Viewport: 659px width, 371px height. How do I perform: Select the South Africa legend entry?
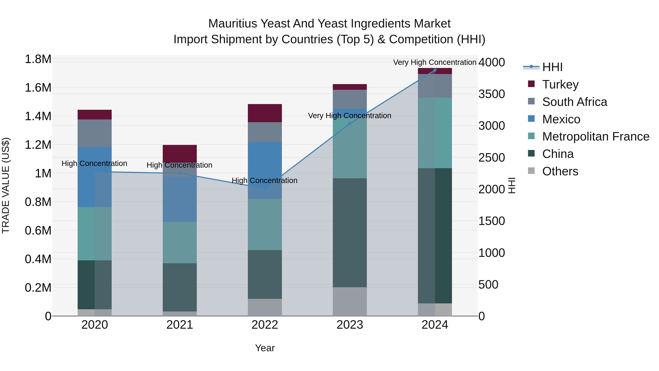(574, 102)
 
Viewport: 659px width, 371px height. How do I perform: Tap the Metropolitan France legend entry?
(595, 136)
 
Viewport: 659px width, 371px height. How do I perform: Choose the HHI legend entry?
(552, 67)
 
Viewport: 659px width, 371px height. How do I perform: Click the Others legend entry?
(560, 171)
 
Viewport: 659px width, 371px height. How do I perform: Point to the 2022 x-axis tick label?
(265, 325)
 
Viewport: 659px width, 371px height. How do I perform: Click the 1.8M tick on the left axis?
(38, 59)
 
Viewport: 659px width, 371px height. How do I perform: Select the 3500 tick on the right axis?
(492, 94)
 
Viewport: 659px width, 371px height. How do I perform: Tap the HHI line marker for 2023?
(350, 123)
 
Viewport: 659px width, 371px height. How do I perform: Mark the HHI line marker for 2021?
(180, 173)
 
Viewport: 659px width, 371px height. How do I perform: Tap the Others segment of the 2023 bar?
(350, 301)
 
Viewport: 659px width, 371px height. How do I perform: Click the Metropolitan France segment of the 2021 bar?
(180, 242)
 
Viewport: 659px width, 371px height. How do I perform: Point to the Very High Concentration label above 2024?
(434, 62)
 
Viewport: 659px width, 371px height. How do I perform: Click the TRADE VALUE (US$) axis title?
(6, 185)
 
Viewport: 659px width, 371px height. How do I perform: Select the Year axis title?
(265, 348)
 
